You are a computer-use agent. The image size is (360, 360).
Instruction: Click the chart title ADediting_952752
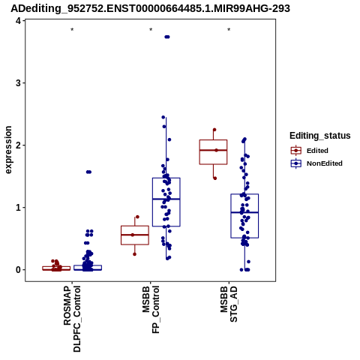click(x=150, y=8)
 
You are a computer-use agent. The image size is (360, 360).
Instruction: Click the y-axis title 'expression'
click(x=8, y=150)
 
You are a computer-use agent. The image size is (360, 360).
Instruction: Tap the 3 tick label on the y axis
click(x=19, y=82)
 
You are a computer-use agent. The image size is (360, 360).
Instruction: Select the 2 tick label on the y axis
click(x=19, y=145)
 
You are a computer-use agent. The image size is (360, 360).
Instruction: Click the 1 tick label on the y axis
click(x=19, y=208)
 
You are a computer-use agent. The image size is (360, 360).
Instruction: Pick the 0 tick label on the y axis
click(x=19, y=270)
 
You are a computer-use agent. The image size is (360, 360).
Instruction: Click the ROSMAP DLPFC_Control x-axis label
click(x=72, y=319)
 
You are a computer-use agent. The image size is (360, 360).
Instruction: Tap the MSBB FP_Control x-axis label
click(x=151, y=310)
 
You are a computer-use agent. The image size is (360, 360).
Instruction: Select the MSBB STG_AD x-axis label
click(x=229, y=304)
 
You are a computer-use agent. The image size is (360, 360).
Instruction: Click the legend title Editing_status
click(x=320, y=136)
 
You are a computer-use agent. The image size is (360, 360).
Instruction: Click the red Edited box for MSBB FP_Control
click(x=135, y=235)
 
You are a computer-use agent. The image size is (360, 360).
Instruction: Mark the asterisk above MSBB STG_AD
click(x=229, y=30)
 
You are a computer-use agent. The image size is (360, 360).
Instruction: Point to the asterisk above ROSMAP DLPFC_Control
click(x=72, y=30)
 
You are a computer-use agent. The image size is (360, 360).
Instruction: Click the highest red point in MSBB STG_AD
click(x=214, y=130)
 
